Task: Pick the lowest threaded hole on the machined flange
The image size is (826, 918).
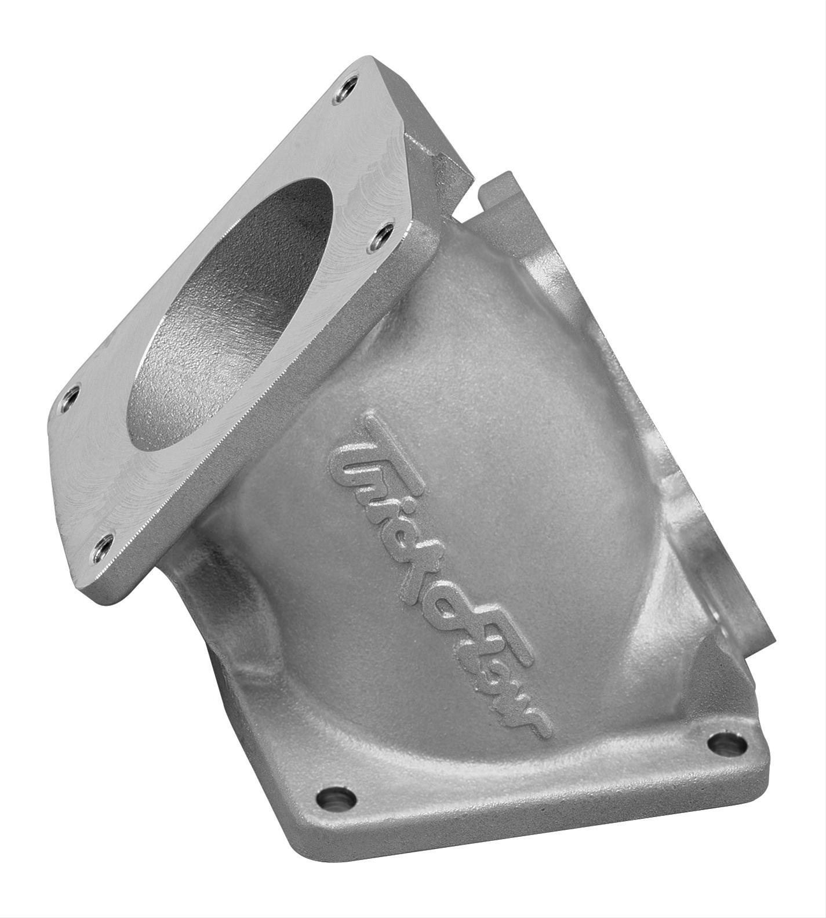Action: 104,545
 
